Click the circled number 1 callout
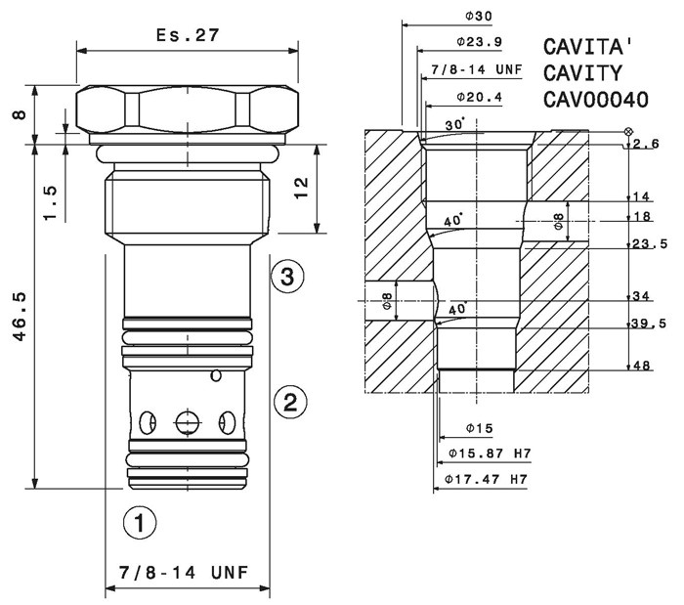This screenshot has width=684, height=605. pyautogui.click(x=140, y=522)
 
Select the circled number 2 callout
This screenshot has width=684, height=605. pyautogui.click(x=290, y=402)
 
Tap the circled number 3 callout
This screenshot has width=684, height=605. pyautogui.click(x=287, y=276)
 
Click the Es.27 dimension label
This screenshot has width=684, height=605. pyautogui.click(x=188, y=35)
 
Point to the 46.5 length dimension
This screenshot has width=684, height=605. pyautogui.click(x=20, y=317)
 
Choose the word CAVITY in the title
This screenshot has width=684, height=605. pyautogui.click(x=582, y=73)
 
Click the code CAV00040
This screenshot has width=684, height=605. pyautogui.click(x=596, y=100)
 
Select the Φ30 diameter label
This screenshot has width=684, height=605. pyautogui.click(x=479, y=17)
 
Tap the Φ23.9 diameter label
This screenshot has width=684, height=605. pyautogui.click(x=480, y=42)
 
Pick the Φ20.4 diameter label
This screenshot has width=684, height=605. pyautogui.click(x=480, y=97)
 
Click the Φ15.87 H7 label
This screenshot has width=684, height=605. pyautogui.click(x=490, y=454)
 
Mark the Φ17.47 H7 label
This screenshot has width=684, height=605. pyautogui.click(x=486, y=479)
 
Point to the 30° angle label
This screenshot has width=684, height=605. pyautogui.click(x=455, y=124)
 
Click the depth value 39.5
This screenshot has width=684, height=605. pyautogui.click(x=650, y=324)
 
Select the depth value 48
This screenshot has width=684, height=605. pyautogui.click(x=641, y=366)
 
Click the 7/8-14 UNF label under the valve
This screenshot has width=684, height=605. pyautogui.click(x=184, y=573)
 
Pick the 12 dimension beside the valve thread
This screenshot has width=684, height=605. pyautogui.click(x=301, y=188)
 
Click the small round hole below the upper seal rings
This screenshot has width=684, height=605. pyautogui.click(x=216, y=375)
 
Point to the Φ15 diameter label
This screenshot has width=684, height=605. pyautogui.click(x=480, y=428)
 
